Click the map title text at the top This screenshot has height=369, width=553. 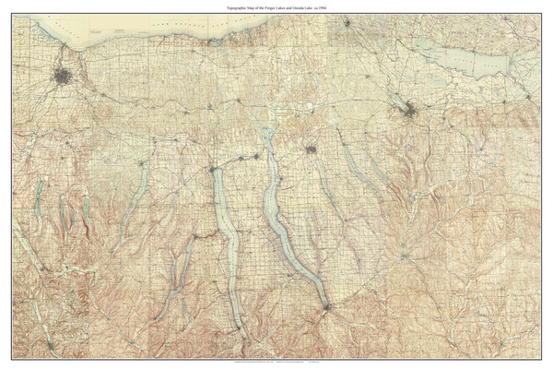[x=276, y=6]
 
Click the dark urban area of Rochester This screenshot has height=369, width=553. [x=65, y=77]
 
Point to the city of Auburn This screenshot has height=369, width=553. [x=312, y=148]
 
